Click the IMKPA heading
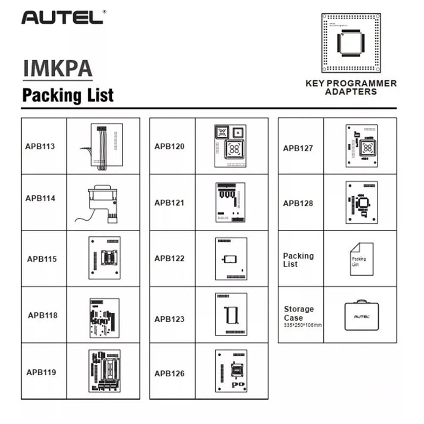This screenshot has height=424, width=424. pos(58,69)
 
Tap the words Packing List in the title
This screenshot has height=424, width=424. pos(67,95)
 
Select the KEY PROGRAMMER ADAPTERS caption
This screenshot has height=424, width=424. pos(351,87)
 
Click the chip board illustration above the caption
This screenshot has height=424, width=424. pos(351,42)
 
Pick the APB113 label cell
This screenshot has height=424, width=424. pos(40,146)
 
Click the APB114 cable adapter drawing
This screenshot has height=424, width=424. pos(103,202)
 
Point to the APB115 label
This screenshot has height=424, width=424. pos(42,259)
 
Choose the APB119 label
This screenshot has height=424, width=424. pos(41,372)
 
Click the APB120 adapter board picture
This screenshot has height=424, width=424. pos(231,146)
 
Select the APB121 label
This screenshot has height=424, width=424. pos(170,202)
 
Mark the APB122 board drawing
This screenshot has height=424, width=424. pos(231,259)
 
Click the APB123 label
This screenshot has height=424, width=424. pos(170,319)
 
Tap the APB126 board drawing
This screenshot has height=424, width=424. pos(231,371)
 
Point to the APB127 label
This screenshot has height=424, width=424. pos(298,148)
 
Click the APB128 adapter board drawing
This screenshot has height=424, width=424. pos(361,202)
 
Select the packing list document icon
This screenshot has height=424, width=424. pos(361,259)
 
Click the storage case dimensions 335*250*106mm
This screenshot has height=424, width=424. pos(303,324)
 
